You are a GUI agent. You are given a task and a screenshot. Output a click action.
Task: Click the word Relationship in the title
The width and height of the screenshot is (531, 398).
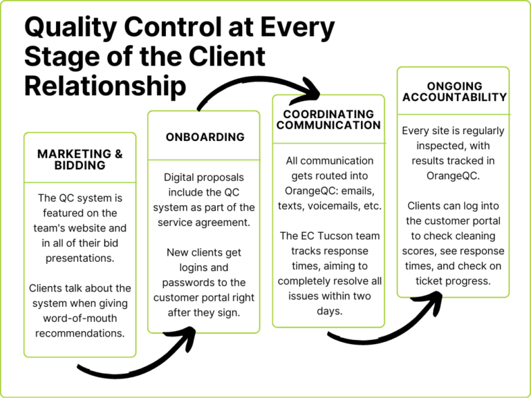(x=105, y=86)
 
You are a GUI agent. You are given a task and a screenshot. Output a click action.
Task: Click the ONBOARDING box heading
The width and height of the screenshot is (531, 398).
(x=205, y=138)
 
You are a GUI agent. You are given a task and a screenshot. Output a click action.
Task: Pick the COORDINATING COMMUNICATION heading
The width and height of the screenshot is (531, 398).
(x=328, y=120)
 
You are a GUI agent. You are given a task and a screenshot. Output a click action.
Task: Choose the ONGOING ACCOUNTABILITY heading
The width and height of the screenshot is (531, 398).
(x=454, y=92)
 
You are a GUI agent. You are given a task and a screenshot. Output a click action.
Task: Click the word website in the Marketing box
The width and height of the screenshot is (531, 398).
(x=97, y=227)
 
